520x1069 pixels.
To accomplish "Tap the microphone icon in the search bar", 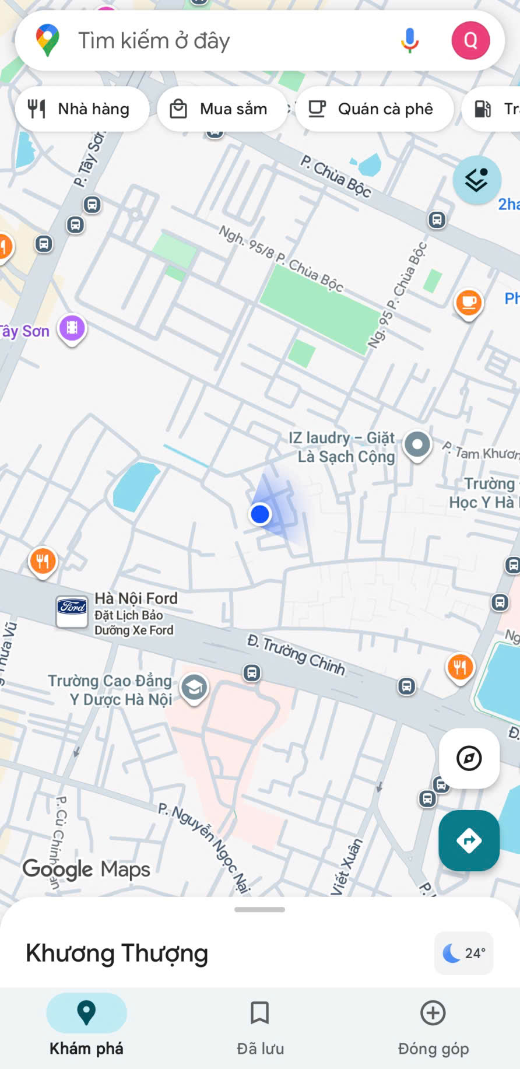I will (x=410, y=40).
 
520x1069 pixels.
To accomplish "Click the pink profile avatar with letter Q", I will (x=470, y=40).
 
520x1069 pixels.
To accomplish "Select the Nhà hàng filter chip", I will (x=82, y=109).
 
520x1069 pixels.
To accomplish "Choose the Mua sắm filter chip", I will (x=222, y=109).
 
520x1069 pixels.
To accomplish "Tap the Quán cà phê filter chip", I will (x=374, y=109).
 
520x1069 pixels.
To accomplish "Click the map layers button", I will (x=477, y=180).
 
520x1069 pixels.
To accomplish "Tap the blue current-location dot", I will (x=260, y=514).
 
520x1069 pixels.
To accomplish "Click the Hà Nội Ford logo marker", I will (x=72, y=610).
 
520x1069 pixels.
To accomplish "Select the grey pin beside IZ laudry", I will (x=417, y=445).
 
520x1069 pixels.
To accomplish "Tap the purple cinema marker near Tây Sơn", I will (x=72, y=328).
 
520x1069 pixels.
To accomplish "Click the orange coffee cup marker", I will (x=469, y=303).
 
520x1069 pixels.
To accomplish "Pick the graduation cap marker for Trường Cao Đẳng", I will (x=194, y=688).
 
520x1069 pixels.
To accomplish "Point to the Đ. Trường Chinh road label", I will (x=296, y=656).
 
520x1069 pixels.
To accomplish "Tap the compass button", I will (x=469, y=759).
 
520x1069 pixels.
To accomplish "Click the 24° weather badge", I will (x=464, y=953).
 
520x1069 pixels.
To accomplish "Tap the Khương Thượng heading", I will (x=117, y=953).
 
